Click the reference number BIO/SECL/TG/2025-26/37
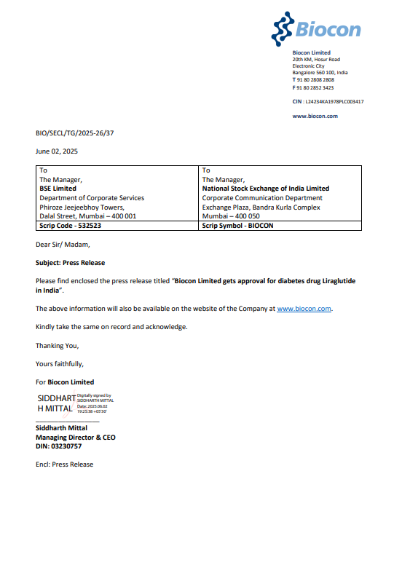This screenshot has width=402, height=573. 75,133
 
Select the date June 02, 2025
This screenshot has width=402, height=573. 57,151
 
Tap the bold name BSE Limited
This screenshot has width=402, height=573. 58,189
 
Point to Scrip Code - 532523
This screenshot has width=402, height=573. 70,226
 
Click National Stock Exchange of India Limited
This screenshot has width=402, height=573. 265,189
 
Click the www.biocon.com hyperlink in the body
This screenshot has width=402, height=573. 304,309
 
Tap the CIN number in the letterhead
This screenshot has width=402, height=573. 328,102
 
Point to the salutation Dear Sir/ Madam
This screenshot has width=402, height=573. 63,245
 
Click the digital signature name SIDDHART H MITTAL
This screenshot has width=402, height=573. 56,403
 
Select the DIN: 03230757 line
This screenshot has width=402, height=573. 58,446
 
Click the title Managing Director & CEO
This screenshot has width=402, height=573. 75,438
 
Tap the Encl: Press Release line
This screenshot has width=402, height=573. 64,464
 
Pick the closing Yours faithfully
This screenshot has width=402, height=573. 60,363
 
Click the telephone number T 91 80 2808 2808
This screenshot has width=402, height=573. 313,79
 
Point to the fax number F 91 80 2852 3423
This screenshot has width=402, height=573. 313,87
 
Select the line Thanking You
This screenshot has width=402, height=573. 57,345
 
